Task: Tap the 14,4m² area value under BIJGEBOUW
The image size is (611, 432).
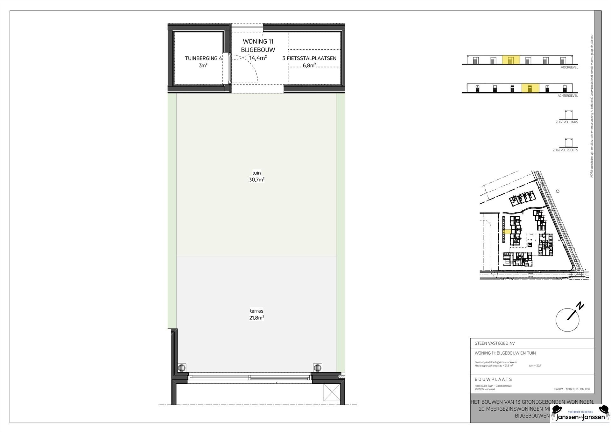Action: [x=258, y=58]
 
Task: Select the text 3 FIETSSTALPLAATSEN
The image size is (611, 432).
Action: [x=309, y=58]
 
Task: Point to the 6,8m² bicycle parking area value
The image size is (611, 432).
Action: [x=309, y=66]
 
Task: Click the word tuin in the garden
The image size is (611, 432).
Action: [x=256, y=173]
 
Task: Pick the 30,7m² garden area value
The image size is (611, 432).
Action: [x=256, y=180]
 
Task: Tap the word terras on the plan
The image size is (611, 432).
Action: [x=256, y=311]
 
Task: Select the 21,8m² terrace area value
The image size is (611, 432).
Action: [x=256, y=318]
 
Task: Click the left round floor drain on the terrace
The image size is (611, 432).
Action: [x=182, y=368]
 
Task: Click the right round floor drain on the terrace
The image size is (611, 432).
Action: [x=318, y=368]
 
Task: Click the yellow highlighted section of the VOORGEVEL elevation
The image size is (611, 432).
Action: [x=511, y=60]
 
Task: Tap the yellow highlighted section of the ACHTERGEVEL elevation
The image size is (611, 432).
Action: [x=530, y=88]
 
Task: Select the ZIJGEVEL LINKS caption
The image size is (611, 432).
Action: [x=567, y=122]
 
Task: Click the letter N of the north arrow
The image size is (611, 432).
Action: [x=580, y=306]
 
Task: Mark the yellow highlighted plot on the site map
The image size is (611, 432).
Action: [x=507, y=232]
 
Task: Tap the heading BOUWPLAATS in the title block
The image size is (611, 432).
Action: [x=493, y=380]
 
